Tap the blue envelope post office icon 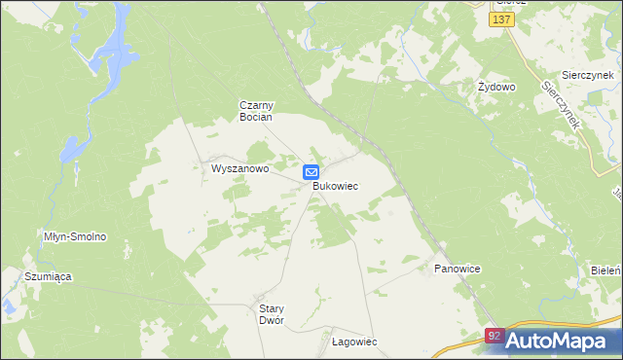pos(311,172)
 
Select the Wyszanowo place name pos(239,168)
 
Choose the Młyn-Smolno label pos(75,236)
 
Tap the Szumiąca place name pos(49,276)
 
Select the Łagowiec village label pos(354,342)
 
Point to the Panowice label pos(458,268)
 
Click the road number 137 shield pos(502,20)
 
